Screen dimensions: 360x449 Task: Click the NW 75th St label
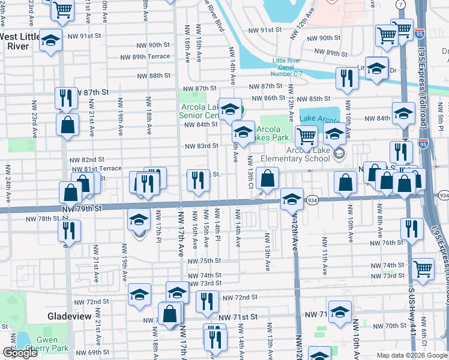click(203, 262)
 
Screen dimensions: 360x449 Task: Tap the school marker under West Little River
click(51, 41)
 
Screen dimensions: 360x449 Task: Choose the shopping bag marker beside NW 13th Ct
click(267, 177)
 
